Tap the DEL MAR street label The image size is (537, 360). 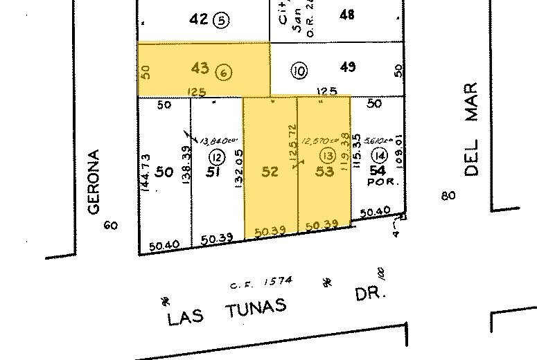tap(472, 129)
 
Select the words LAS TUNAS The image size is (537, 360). tap(227, 312)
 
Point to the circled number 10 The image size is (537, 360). tap(299, 70)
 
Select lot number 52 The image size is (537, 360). tap(270, 170)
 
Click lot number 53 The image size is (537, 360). tap(324, 170)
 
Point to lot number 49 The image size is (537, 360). tap(348, 67)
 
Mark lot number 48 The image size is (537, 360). tap(346, 14)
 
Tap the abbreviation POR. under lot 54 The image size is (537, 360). tap(378, 183)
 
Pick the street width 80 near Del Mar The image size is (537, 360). tap(448, 196)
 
